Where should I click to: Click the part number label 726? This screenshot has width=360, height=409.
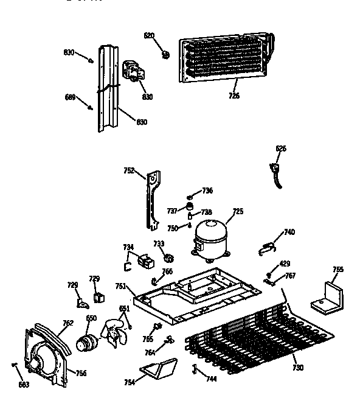click(234, 95)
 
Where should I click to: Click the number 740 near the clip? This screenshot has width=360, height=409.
click(289, 232)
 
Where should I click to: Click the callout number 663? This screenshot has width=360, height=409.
click(23, 384)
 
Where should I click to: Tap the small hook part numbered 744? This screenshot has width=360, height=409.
click(195, 368)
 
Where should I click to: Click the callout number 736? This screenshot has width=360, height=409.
click(207, 191)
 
